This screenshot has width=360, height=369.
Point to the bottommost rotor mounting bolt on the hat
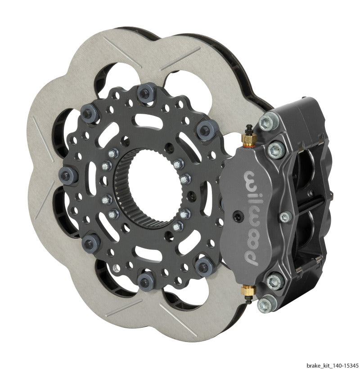tap(145, 281)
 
